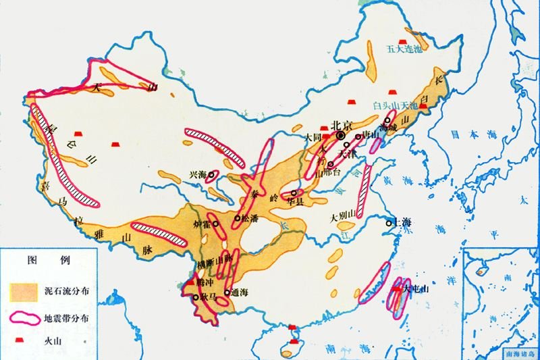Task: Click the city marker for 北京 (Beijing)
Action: pyautogui.click(x=340, y=136)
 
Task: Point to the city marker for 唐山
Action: pyautogui.click(x=358, y=137)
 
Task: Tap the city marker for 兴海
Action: pyautogui.click(x=211, y=175)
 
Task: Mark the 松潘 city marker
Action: pyautogui.click(x=237, y=218)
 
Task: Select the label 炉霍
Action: pyautogui.click(x=207, y=224)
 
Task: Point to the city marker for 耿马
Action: pyautogui.click(x=196, y=297)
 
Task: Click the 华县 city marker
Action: pyautogui.click(x=293, y=193)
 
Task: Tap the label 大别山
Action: pyautogui.click(x=342, y=218)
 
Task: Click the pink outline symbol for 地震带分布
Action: pyautogui.click(x=25, y=317)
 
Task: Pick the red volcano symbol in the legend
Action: pyautogui.click(x=22, y=341)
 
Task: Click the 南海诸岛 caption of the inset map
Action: pyautogui.click(x=520, y=353)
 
